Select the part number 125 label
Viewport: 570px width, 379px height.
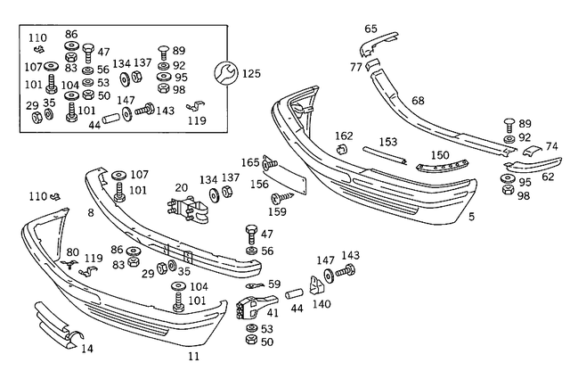(252, 72)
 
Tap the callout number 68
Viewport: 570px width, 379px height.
(417, 101)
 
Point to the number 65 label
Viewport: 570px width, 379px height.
(370, 29)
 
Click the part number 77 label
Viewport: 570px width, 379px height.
(355, 67)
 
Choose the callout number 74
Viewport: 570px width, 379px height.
(552, 146)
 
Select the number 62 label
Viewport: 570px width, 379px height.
(548, 177)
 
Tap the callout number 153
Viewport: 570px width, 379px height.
(388, 142)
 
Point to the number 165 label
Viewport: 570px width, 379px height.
(250, 162)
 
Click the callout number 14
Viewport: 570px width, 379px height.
(86, 349)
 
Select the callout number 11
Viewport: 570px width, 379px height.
(194, 357)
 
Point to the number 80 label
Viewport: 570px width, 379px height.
(72, 252)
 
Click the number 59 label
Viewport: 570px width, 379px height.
(274, 284)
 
